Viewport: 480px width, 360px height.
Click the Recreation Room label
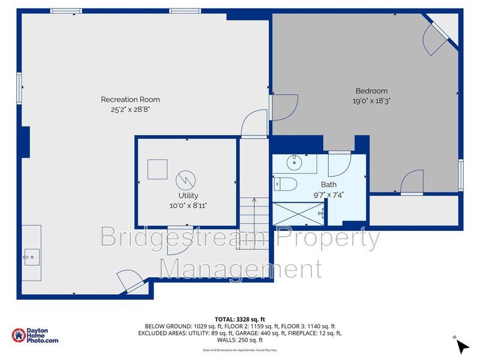tap(130, 99)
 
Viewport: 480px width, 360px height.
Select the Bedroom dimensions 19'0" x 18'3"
tap(371, 101)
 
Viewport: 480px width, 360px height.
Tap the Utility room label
tap(188, 196)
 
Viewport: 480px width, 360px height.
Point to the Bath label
tap(328, 185)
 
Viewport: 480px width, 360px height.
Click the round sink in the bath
tap(295, 163)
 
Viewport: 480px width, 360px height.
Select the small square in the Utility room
tap(157, 169)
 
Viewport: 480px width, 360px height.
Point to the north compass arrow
tap(462, 346)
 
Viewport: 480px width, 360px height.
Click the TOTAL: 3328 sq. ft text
tap(239, 319)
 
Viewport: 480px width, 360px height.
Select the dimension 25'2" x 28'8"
tap(130, 110)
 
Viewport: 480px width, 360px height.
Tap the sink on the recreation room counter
tap(31, 257)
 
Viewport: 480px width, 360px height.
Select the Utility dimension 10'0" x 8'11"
tap(188, 205)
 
